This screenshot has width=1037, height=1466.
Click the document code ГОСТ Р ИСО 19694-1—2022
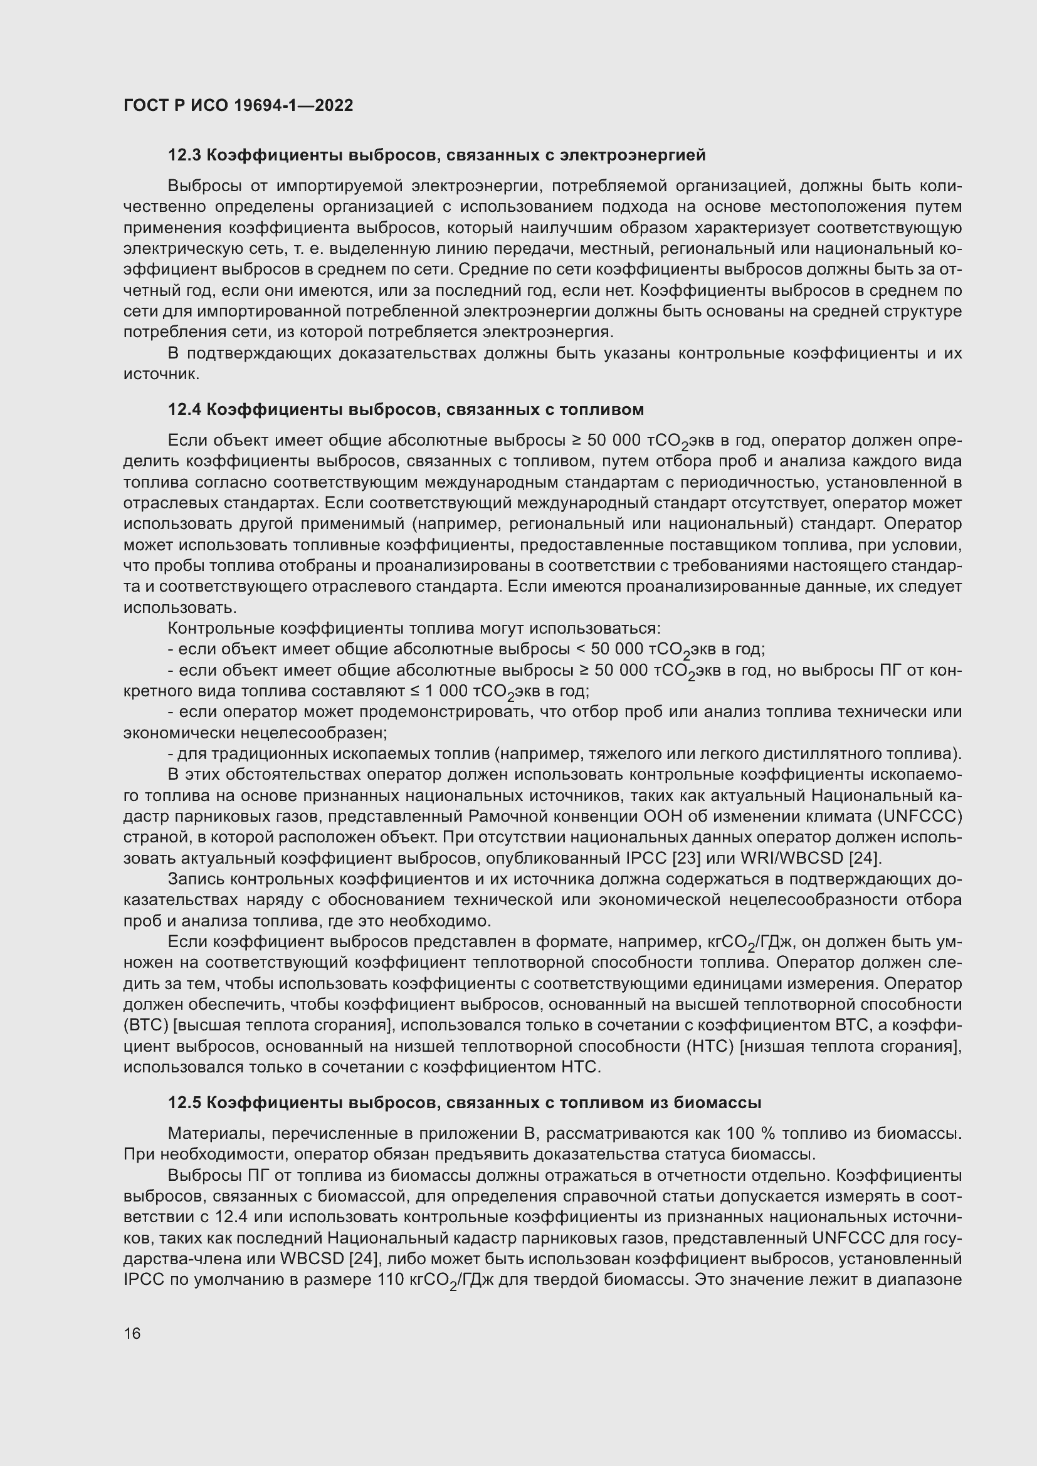click(x=238, y=105)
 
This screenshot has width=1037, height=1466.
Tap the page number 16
click(x=132, y=1333)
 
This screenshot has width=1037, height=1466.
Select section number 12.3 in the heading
click(x=184, y=155)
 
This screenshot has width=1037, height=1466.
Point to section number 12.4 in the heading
click(x=184, y=409)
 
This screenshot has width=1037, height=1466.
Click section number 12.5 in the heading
click(x=184, y=1102)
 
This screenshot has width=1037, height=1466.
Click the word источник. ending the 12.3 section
click(x=162, y=374)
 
